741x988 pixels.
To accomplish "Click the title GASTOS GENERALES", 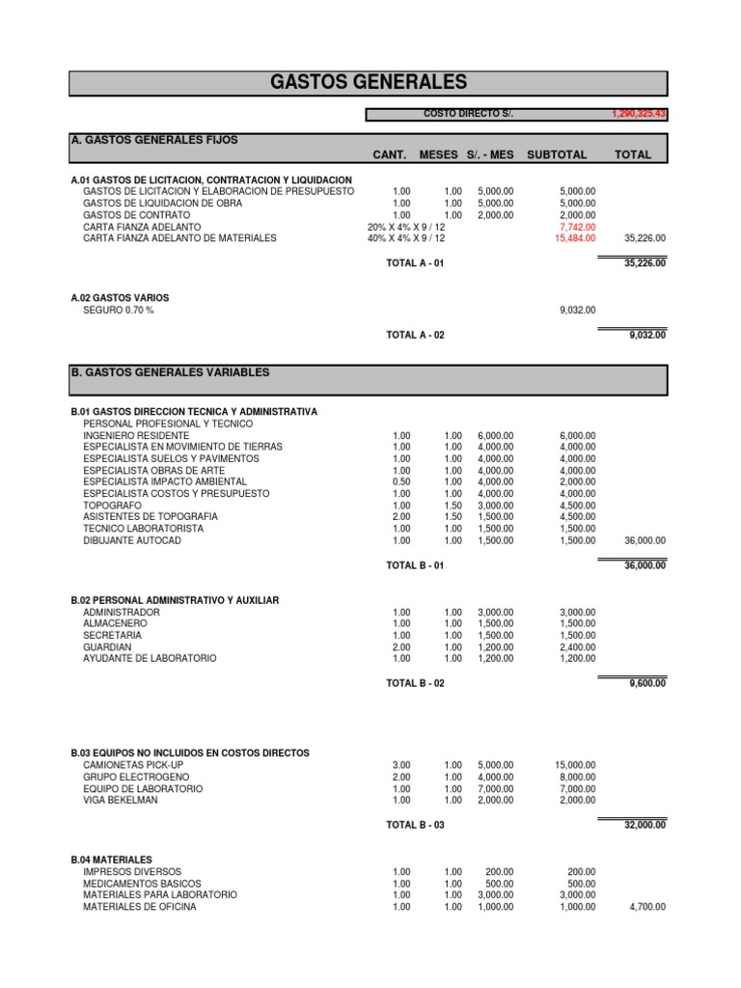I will [369, 82].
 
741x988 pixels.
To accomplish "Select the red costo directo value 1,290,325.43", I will [639, 114].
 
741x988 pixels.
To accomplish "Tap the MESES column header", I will [440, 154].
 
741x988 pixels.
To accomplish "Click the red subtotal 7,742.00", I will [577, 226].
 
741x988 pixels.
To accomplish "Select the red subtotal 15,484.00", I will [575, 237].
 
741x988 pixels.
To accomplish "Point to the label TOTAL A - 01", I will [415, 263].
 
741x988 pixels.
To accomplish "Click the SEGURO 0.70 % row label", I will [119, 310].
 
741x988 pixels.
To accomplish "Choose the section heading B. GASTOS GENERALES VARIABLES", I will [171, 372].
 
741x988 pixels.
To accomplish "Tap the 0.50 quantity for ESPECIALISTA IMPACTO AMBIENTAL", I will [401, 481].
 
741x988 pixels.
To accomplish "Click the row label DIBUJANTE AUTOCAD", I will [132, 540].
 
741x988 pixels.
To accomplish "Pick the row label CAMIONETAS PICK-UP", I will [133, 765].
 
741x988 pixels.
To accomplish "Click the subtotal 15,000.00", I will [575, 765].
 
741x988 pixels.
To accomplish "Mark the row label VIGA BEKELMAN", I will [120, 800].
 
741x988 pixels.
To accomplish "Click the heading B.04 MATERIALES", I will [111, 860].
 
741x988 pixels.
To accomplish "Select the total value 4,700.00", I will [646, 907].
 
